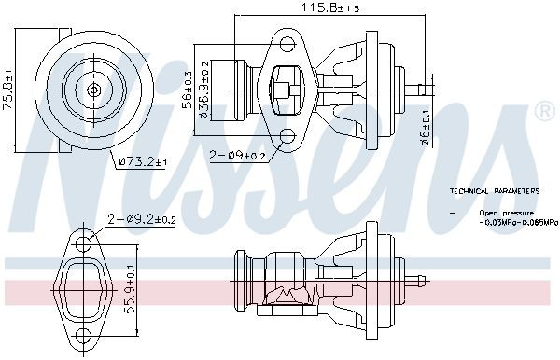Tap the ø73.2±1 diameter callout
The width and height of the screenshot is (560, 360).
pyautogui.click(x=141, y=162)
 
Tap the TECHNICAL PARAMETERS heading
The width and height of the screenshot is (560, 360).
pyautogui.click(x=494, y=190)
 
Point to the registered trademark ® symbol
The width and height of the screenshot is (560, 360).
pyautogui.click(x=544, y=111)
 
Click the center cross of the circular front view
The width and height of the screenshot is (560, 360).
pyautogui.click(x=94, y=90)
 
